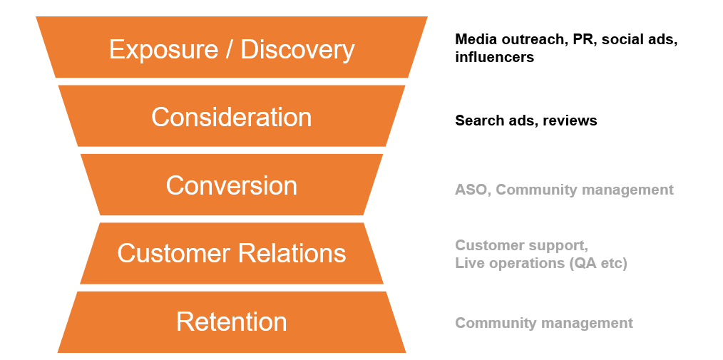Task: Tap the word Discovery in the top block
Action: [297, 49]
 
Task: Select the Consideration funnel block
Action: [231, 117]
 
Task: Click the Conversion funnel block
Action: [231, 185]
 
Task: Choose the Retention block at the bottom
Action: [231, 322]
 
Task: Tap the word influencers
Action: [494, 57]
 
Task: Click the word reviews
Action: [570, 120]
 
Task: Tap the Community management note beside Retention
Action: [544, 323]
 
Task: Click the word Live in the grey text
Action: [470, 263]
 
